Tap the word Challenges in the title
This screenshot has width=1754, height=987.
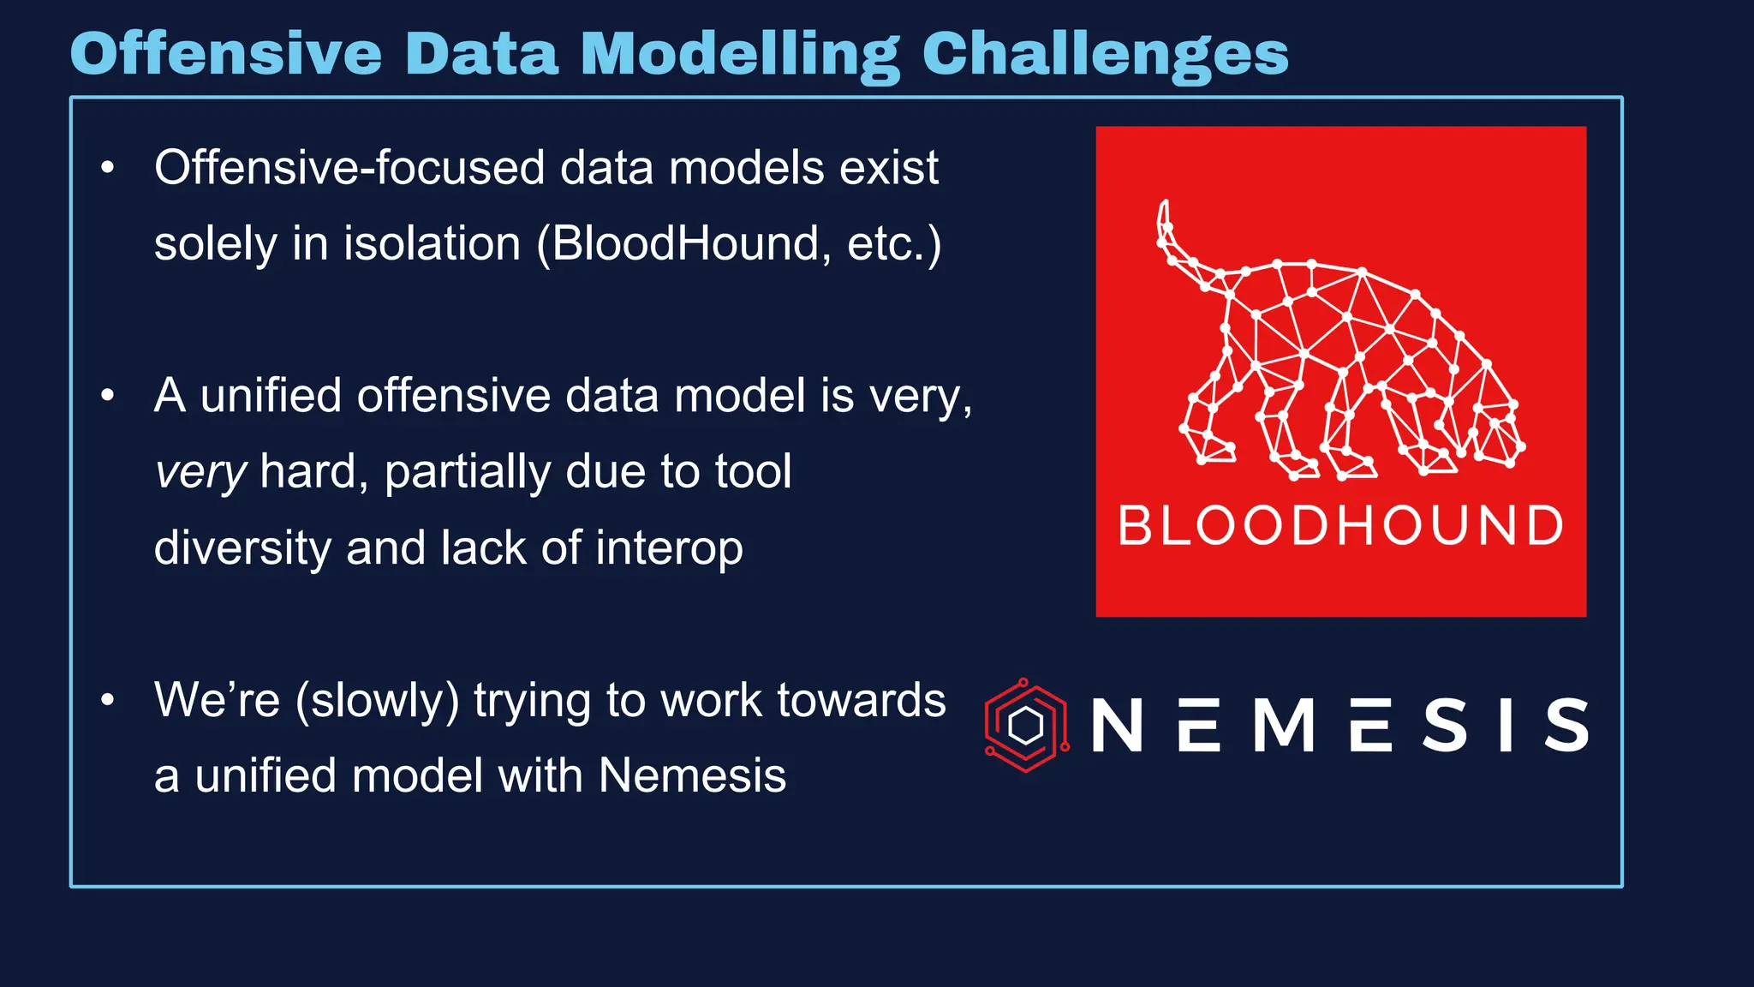tap(1105, 53)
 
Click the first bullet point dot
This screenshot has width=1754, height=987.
tap(107, 168)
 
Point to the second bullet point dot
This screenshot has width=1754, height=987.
tap(107, 396)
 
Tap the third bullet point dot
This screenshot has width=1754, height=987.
tap(107, 700)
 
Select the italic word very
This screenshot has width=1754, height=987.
tap(200, 472)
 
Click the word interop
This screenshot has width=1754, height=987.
tap(669, 547)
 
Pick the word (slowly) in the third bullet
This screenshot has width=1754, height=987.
tap(377, 700)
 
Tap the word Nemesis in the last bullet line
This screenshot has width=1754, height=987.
tap(691, 775)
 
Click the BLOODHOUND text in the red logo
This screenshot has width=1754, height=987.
tap(1340, 525)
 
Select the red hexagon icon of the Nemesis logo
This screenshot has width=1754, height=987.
tap(1025, 726)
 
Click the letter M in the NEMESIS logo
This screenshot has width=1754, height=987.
tap(1284, 726)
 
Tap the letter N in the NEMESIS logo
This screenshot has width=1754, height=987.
tap(1117, 726)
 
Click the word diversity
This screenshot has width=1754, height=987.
tap(242, 547)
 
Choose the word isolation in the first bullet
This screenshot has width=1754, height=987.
tap(433, 243)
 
